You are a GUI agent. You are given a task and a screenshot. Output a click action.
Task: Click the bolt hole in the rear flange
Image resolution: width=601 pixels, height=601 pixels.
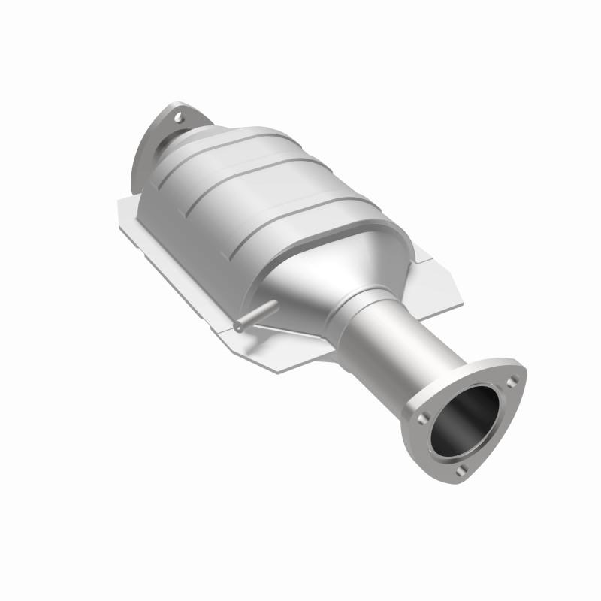point(178,118)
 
